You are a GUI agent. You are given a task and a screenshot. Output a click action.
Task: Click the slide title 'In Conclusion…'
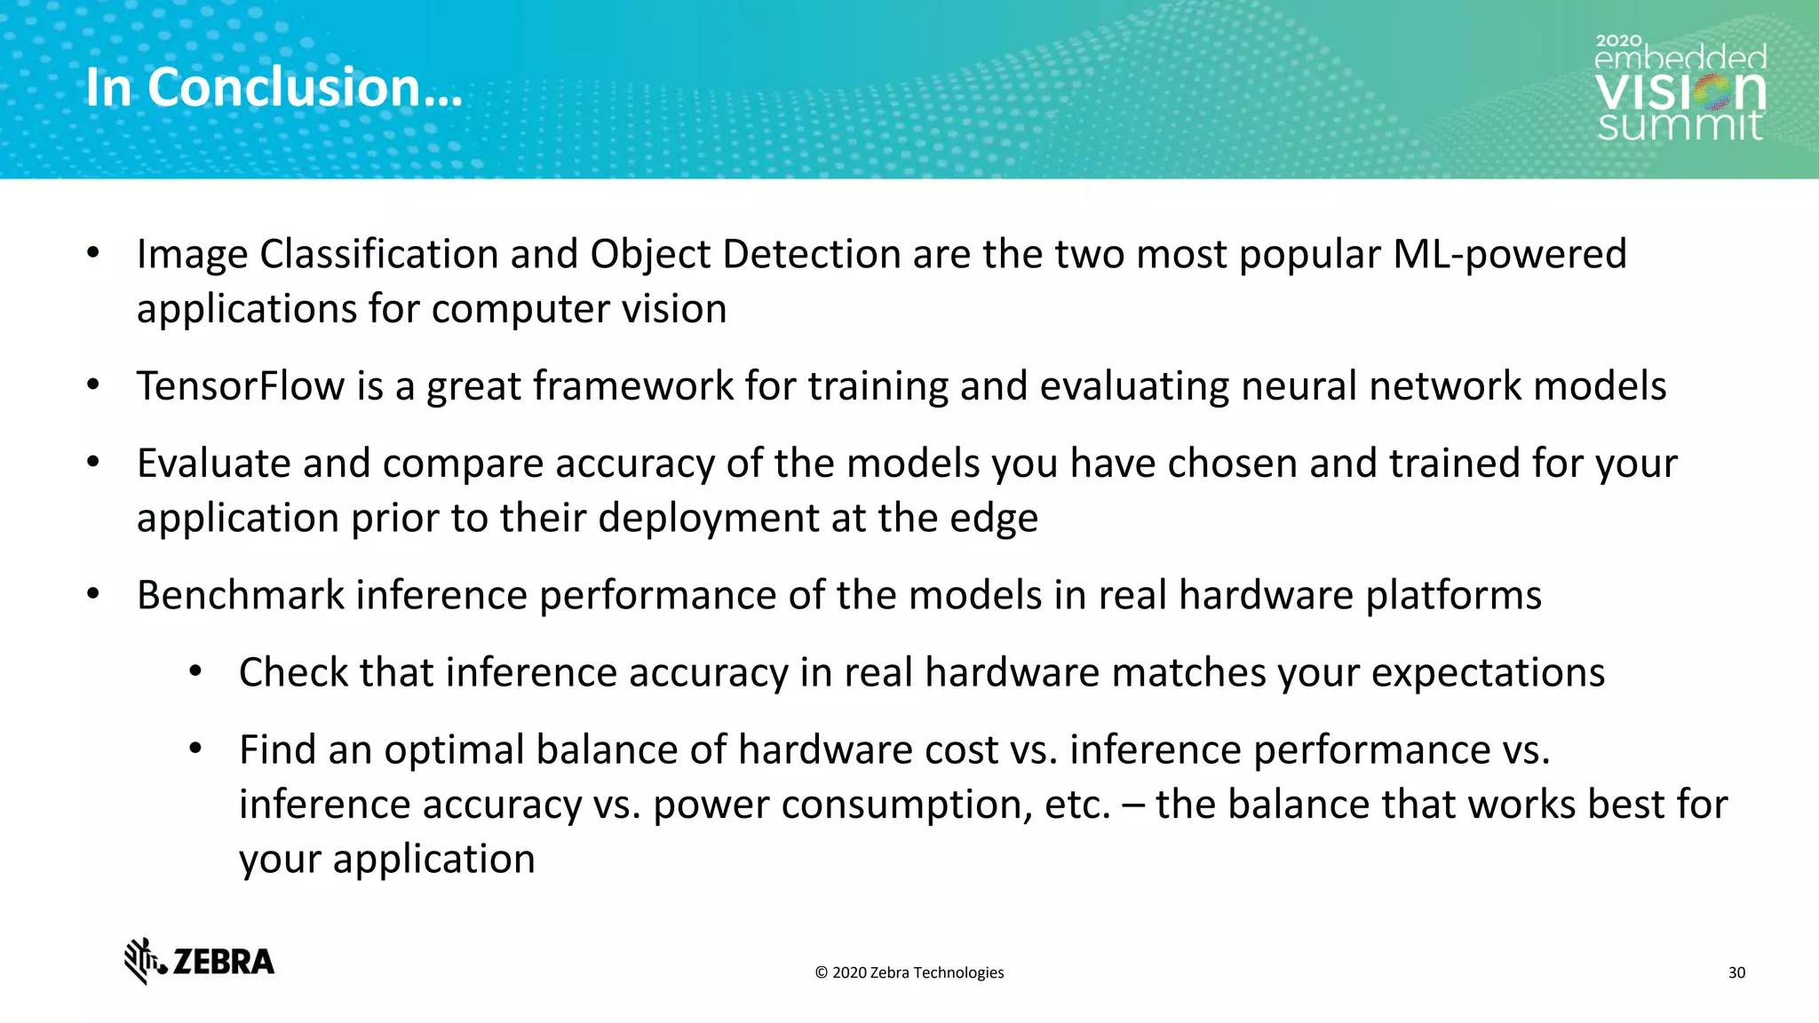tap(274, 88)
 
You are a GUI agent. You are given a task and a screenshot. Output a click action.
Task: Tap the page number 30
tap(1736, 972)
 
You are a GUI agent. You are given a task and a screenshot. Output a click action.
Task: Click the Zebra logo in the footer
tap(199, 961)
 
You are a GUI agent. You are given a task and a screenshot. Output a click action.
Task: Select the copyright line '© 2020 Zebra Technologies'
tap(909, 972)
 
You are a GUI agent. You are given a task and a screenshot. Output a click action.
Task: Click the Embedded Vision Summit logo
tap(1680, 90)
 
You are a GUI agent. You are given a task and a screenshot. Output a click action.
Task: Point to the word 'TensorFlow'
tap(240, 386)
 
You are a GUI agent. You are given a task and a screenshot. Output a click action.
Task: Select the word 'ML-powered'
tap(1509, 255)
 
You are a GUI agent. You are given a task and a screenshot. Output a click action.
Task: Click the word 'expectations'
tap(1488, 672)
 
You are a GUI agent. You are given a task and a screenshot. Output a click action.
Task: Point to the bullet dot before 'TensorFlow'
tap(93, 385)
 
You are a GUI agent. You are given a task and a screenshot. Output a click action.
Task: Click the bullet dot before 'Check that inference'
tap(196, 671)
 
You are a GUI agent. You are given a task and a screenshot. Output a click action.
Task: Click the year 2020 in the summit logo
tap(1618, 41)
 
